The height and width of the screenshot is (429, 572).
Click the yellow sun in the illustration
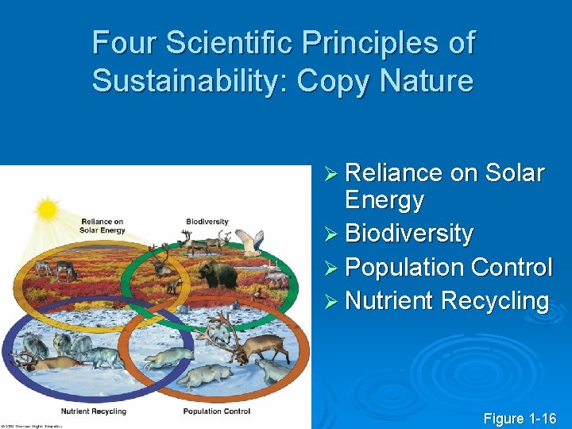pyautogui.click(x=48, y=209)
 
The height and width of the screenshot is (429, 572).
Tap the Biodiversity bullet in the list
pyautogui.click(x=409, y=234)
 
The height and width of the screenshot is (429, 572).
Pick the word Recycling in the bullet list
pyautogui.click(x=494, y=301)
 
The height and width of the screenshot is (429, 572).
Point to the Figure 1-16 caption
pyautogui.click(x=520, y=419)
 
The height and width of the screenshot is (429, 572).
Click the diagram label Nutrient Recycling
pyautogui.click(x=94, y=412)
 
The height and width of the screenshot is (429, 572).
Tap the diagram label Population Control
pyautogui.click(x=216, y=412)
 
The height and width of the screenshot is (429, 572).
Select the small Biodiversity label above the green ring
pyautogui.click(x=207, y=222)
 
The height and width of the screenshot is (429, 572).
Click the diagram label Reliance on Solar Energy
pyautogui.click(x=102, y=226)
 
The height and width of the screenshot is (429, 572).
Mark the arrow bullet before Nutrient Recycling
pyautogui.click(x=333, y=302)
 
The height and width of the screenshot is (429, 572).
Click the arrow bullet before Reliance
pyautogui.click(x=333, y=174)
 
